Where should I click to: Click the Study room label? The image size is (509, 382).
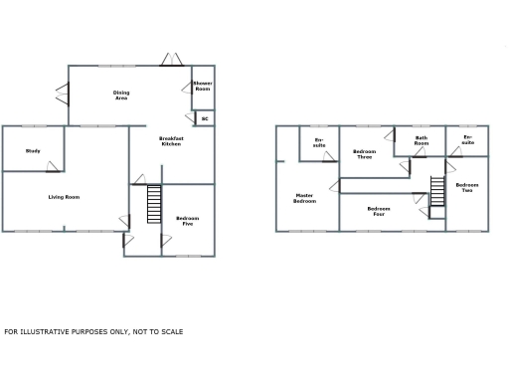(x=33, y=151)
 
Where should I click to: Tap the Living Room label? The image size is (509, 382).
(x=64, y=197)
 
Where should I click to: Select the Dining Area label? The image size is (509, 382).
(x=120, y=95)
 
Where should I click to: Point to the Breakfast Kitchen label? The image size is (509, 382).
(x=171, y=142)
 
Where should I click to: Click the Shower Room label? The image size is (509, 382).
(x=202, y=87)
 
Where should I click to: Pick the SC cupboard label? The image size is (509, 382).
(x=205, y=118)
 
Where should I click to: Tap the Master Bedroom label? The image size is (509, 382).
(x=304, y=198)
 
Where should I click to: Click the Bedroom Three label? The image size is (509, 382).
(x=365, y=154)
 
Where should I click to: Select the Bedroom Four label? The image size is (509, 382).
(x=378, y=210)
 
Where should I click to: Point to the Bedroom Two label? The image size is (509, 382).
(x=467, y=187)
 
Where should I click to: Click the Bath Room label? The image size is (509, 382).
(x=422, y=141)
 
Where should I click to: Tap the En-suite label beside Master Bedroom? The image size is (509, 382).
(x=319, y=142)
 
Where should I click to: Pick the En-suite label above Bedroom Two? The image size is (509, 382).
(x=467, y=140)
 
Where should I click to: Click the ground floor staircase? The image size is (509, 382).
(x=154, y=205)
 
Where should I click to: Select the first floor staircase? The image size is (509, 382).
(x=436, y=193)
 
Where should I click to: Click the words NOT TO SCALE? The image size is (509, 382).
(x=159, y=331)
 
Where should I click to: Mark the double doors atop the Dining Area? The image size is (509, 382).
(x=171, y=60)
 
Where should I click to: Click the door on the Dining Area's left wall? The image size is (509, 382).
(x=63, y=95)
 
